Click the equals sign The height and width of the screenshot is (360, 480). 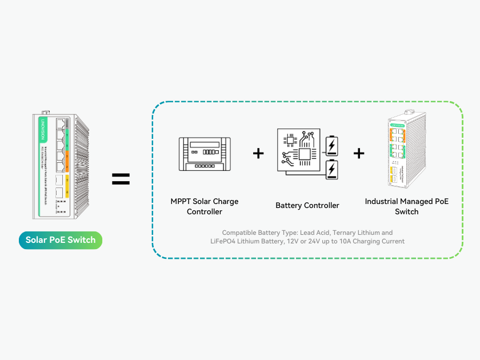click(121, 179)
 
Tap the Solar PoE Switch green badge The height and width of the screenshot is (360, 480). click(60, 240)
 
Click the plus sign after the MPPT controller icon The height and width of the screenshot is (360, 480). click(258, 153)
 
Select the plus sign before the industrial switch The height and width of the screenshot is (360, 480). click(359, 153)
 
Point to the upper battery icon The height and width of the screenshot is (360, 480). click(331, 146)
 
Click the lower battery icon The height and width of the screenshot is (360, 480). click(331, 170)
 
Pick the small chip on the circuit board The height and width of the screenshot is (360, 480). click(290, 139)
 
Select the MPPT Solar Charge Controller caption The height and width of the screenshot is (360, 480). click(205, 206)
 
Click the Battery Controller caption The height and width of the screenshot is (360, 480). click(307, 206)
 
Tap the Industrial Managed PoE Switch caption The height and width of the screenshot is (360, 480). click(407, 206)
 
